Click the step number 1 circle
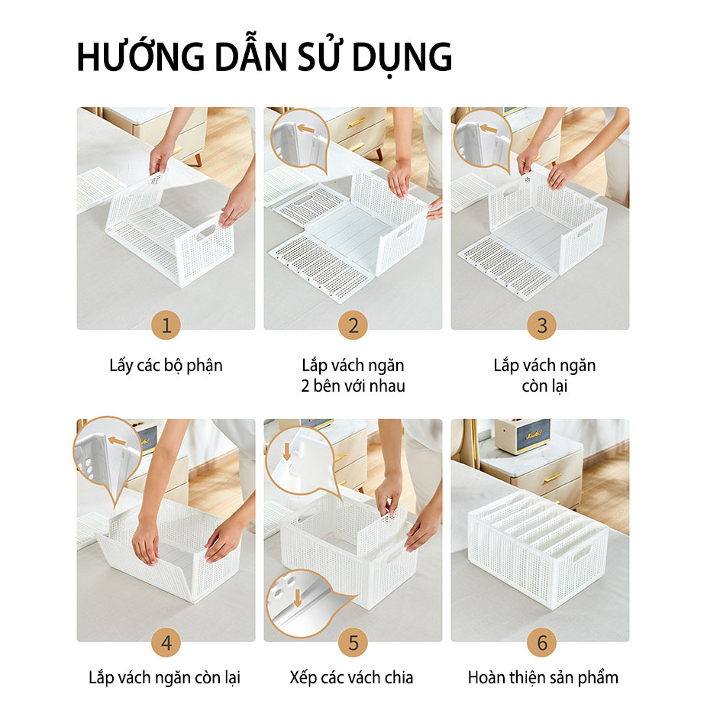166,325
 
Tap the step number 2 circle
353,325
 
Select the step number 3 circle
541,325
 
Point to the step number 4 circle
166,643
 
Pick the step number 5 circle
353,643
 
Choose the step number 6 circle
541,643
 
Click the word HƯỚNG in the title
140,56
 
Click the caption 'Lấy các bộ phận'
166,366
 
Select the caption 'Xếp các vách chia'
352,678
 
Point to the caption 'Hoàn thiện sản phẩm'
543,678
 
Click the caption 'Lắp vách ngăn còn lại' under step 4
165,678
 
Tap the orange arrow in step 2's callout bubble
305,129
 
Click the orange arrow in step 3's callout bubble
489,128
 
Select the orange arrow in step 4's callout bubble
117,441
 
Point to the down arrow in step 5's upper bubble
287,452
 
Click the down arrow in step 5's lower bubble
297,597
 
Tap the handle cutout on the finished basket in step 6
582,553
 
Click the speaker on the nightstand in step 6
522,435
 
